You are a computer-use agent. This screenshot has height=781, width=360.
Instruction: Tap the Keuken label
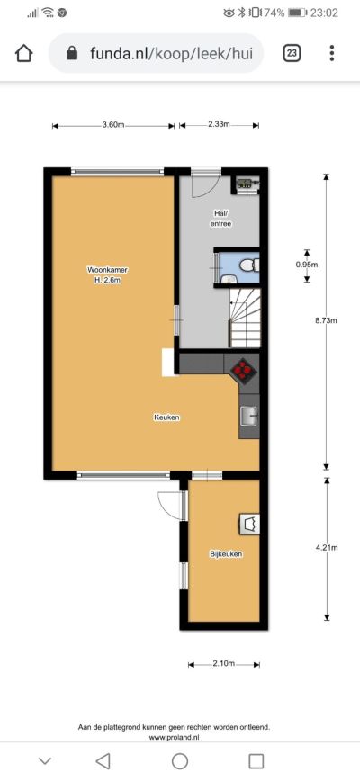[x=166, y=417]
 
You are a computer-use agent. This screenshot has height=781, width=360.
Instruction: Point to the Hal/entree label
[x=221, y=219]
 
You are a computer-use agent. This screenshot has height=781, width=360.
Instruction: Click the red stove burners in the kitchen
[x=244, y=370]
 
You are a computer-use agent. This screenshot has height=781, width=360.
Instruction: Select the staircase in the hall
[x=245, y=319]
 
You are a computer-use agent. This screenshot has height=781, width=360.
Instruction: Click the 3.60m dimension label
[x=113, y=125]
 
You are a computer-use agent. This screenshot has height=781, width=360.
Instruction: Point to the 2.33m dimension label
[x=219, y=124]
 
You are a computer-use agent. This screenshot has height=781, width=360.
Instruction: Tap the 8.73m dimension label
[x=326, y=320]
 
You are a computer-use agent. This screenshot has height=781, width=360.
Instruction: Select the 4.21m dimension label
[x=327, y=548]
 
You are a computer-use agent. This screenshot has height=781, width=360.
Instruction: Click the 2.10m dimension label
[x=223, y=663]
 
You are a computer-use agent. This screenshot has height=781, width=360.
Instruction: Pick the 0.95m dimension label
[x=307, y=265]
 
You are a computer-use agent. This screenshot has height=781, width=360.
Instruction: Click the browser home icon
[x=24, y=53]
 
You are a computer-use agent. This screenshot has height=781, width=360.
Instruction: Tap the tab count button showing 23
[x=292, y=53]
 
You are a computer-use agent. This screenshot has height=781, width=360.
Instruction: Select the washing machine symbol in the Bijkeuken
[x=249, y=524]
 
